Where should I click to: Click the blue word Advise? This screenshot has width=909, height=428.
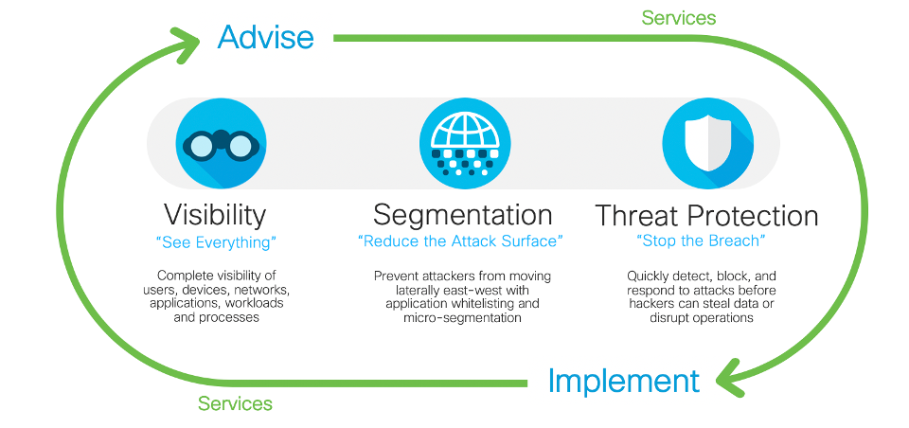pos(265,37)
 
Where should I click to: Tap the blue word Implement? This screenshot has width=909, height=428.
pos(623,382)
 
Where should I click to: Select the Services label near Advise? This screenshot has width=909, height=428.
pos(679,18)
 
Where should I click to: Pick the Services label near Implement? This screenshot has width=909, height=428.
pos(235,403)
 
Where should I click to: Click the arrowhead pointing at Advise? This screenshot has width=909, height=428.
pos(186,45)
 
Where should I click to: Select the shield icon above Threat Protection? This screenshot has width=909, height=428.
pos(708,143)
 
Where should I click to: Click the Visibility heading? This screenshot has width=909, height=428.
pos(215,215)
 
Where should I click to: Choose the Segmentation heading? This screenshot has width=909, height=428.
pos(463,215)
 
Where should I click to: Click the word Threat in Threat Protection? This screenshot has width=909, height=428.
pos(637,216)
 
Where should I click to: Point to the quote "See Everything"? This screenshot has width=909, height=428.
pos(215,242)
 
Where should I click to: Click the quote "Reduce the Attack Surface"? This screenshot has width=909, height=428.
pos(461,241)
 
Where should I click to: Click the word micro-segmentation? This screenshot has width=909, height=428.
pos(463,318)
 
